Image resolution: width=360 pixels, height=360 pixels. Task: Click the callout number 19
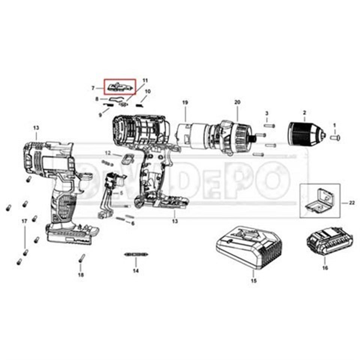pos(184,103)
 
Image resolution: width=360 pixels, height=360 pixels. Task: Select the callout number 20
pos(237,103)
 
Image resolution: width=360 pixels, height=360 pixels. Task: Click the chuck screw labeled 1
pos(336,138)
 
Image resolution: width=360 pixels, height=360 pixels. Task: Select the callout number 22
pos(352,203)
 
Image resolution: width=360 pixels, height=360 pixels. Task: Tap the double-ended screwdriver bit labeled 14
pos(136,255)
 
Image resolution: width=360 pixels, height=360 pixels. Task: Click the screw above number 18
pos(82,259)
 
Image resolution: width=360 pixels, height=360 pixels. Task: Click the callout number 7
pos(93,88)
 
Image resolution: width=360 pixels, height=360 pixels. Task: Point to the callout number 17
pos(24,222)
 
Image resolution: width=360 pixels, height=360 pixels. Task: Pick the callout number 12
pos(108,153)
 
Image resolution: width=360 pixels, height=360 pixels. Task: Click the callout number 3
pos(267,113)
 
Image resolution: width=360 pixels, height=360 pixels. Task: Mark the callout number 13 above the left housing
pos(36,128)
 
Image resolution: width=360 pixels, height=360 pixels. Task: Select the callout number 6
pos(132,223)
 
